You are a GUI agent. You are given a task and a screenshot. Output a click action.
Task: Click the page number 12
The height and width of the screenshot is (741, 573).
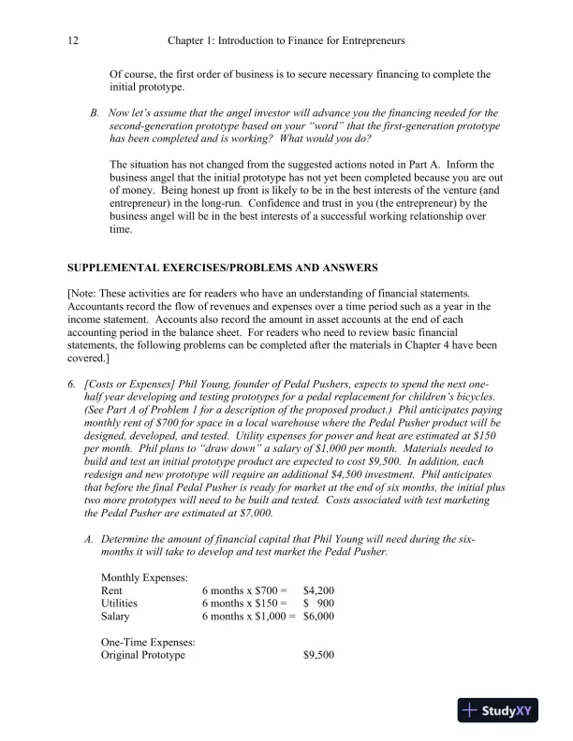click(74, 41)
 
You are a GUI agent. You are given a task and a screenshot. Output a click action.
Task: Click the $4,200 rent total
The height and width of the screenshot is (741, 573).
click(319, 590)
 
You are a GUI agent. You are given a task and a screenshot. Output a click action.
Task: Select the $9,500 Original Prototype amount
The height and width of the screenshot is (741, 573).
click(319, 655)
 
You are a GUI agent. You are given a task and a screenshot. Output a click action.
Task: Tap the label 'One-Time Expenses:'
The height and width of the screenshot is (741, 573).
click(147, 642)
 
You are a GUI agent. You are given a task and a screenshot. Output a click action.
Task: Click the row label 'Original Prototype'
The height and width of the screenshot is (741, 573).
click(142, 655)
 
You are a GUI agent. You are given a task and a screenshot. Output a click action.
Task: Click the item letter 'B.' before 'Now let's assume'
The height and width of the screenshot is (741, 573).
click(95, 112)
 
